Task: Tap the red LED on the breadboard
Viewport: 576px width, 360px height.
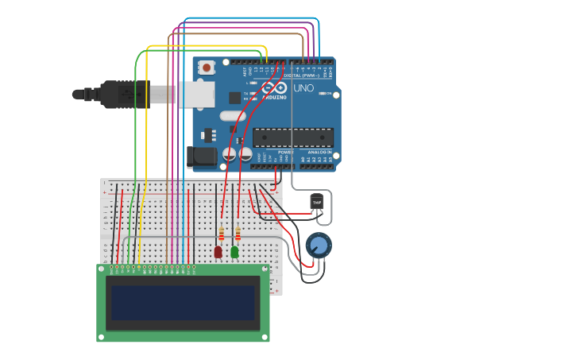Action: pos(218,252)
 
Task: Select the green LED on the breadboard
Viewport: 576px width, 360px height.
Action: pos(234,252)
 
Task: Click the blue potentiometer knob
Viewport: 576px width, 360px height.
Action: pos(318,246)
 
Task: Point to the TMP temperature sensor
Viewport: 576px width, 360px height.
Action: pos(318,203)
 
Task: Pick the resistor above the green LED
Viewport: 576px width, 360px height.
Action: pos(237,234)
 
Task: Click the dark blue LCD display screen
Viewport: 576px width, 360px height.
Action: pos(183,303)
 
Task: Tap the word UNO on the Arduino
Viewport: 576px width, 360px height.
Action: pos(303,88)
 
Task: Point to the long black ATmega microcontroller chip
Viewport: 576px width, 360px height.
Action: pos(292,137)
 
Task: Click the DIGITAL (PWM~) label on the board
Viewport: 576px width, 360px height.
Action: pos(311,75)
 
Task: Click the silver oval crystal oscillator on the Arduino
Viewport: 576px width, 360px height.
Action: pos(230,115)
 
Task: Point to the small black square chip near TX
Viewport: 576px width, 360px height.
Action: pos(234,98)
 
